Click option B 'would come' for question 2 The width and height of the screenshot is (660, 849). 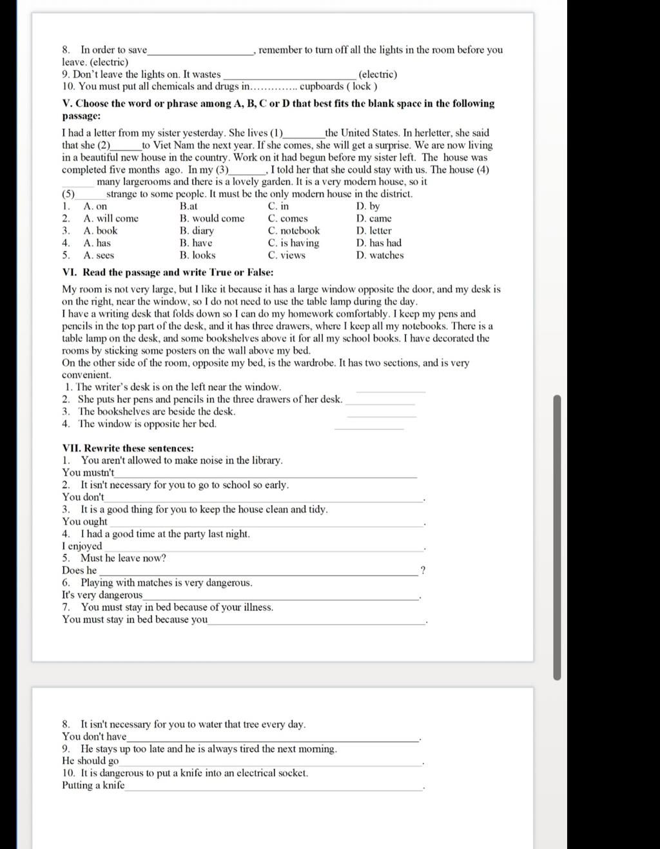pyautogui.click(x=212, y=218)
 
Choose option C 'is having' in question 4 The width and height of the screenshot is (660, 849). pyautogui.click(x=294, y=243)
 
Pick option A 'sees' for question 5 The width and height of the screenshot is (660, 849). pyautogui.click(x=99, y=255)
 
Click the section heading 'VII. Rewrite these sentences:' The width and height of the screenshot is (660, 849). pyautogui.click(x=128, y=448)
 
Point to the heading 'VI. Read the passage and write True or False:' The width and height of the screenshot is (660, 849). pyautogui.click(x=168, y=272)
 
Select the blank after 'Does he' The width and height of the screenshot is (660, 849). pyautogui.click(x=258, y=572)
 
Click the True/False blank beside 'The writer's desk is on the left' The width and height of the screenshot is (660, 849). pyautogui.click(x=391, y=389)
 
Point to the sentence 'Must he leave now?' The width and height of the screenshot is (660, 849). pyautogui.click(x=122, y=558)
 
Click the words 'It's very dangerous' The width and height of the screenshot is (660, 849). pyautogui.click(x=102, y=595)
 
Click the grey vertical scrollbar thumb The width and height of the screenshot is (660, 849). pyautogui.click(x=558, y=537)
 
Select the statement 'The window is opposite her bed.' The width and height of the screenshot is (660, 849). pyautogui.click(x=147, y=424)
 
